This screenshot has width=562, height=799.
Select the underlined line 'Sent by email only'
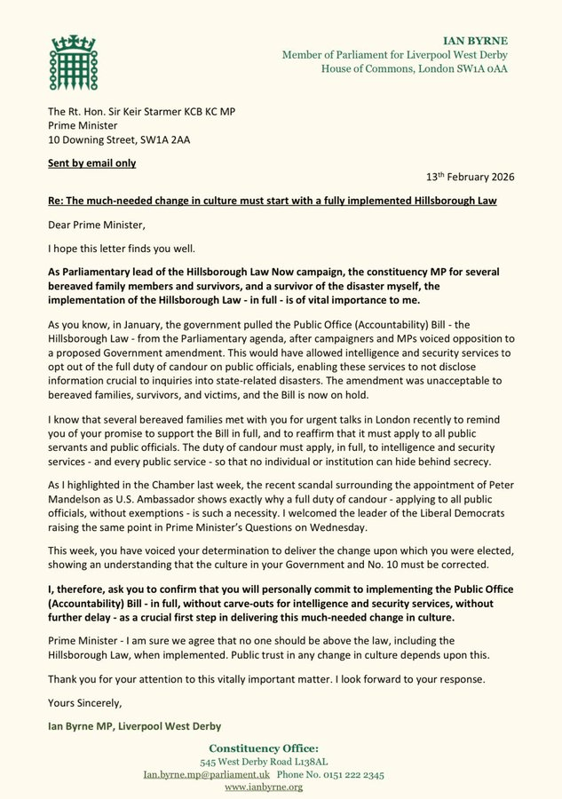[x=92, y=163]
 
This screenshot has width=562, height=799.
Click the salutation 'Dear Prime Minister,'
[x=100, y=225]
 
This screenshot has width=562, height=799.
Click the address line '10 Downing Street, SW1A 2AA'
[x=123, y=139]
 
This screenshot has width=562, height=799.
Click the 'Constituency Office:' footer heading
[x=281, y=748]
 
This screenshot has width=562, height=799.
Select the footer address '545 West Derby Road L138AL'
[x=281, y=762]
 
